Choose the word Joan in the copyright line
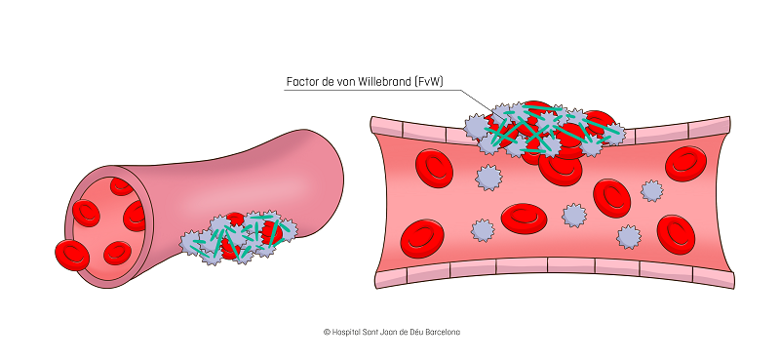(x=394, y=332)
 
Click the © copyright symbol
(x=328, y=332)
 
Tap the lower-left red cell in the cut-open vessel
(x=421, y=234)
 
